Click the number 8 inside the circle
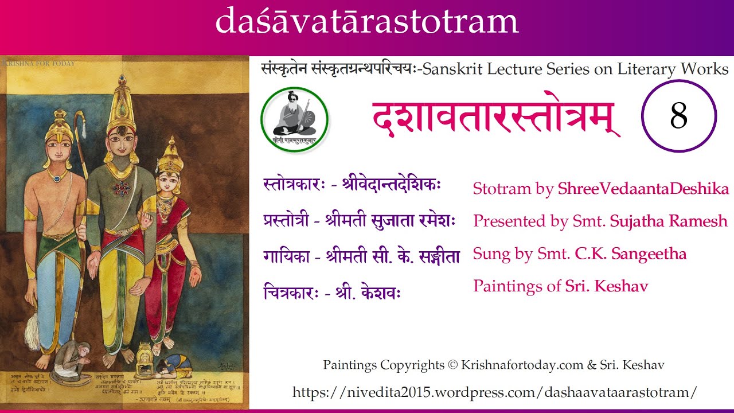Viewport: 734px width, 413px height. (x=678, y=116)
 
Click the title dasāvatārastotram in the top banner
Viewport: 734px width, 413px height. (x=367, y=22)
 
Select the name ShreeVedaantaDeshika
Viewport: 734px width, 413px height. (x=643, y=189)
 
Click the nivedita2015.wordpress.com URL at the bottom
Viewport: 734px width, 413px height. (x=495, y=392)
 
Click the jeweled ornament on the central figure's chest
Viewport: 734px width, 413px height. (x=120, y=189)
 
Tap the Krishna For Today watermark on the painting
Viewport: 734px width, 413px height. (x=39, y=63)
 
